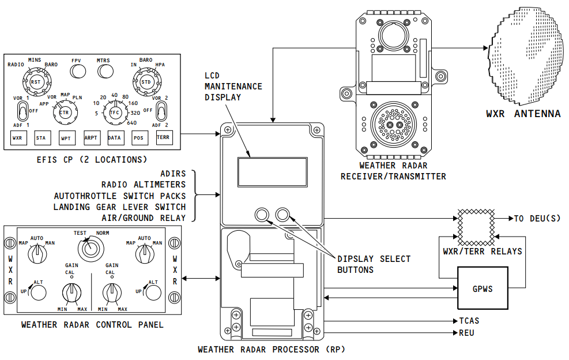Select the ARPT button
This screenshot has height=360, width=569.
tap(92, 138)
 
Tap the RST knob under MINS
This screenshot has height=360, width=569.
tap(37, 82)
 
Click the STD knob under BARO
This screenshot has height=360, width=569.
tap(146, 82)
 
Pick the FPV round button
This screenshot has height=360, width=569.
tap(78, 72)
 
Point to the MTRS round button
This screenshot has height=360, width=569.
tap(105, 72)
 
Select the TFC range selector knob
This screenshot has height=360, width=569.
tap(115, 112)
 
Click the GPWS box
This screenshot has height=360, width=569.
tap(483, 288)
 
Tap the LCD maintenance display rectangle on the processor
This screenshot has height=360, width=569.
tap(273, 172)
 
